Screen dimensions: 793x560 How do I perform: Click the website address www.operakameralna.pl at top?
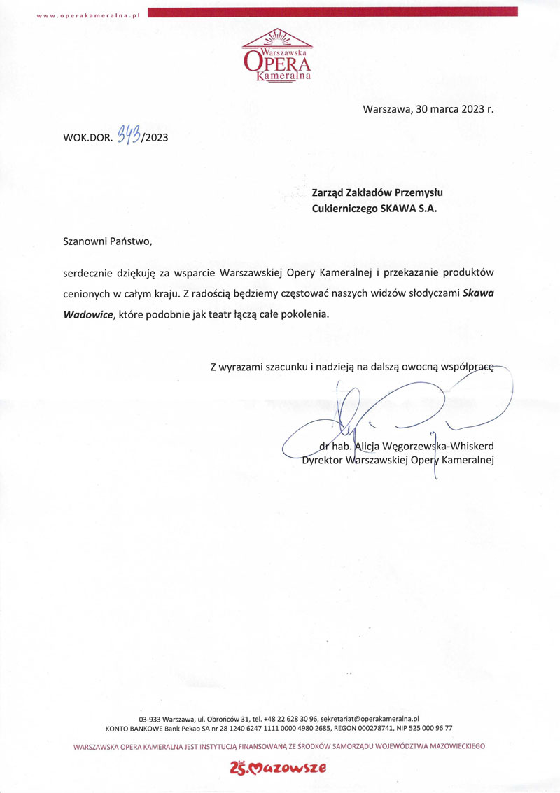pos(89,15)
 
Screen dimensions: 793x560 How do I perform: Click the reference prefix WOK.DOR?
pos(87,137)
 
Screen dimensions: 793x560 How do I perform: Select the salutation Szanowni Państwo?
pos(107,241)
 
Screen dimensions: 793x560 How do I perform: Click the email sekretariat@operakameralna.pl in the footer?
pos(370,718)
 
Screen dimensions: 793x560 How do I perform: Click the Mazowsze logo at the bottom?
pos(278,769)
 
